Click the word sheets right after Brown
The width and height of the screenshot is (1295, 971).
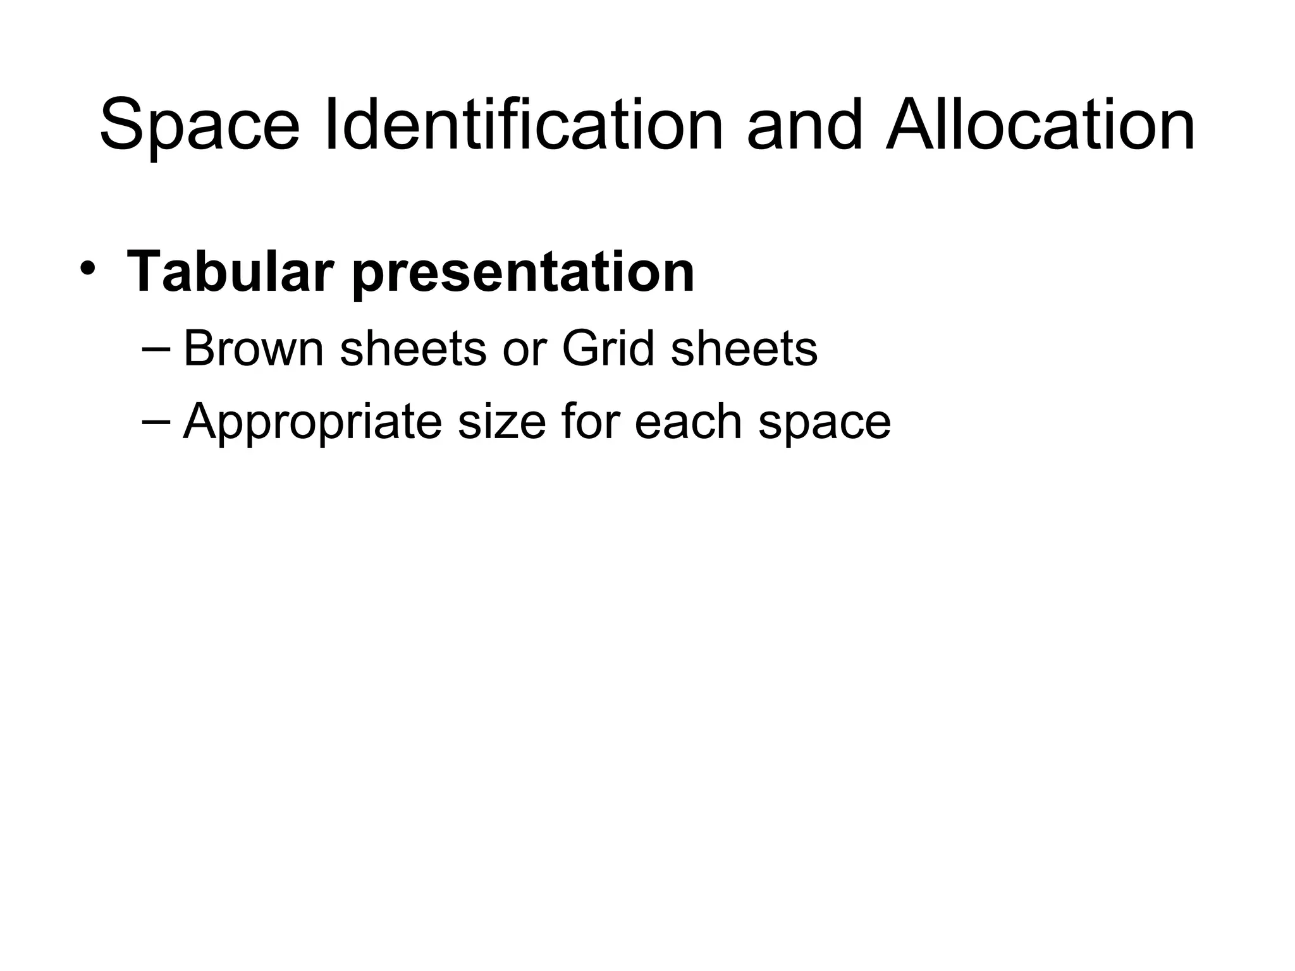click(413, 349)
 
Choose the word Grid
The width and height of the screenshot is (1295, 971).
click(608, 348)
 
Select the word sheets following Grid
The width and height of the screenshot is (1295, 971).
click(744, 349)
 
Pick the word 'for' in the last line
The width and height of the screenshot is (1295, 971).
click(589, 421)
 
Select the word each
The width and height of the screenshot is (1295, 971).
click(689, 421)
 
